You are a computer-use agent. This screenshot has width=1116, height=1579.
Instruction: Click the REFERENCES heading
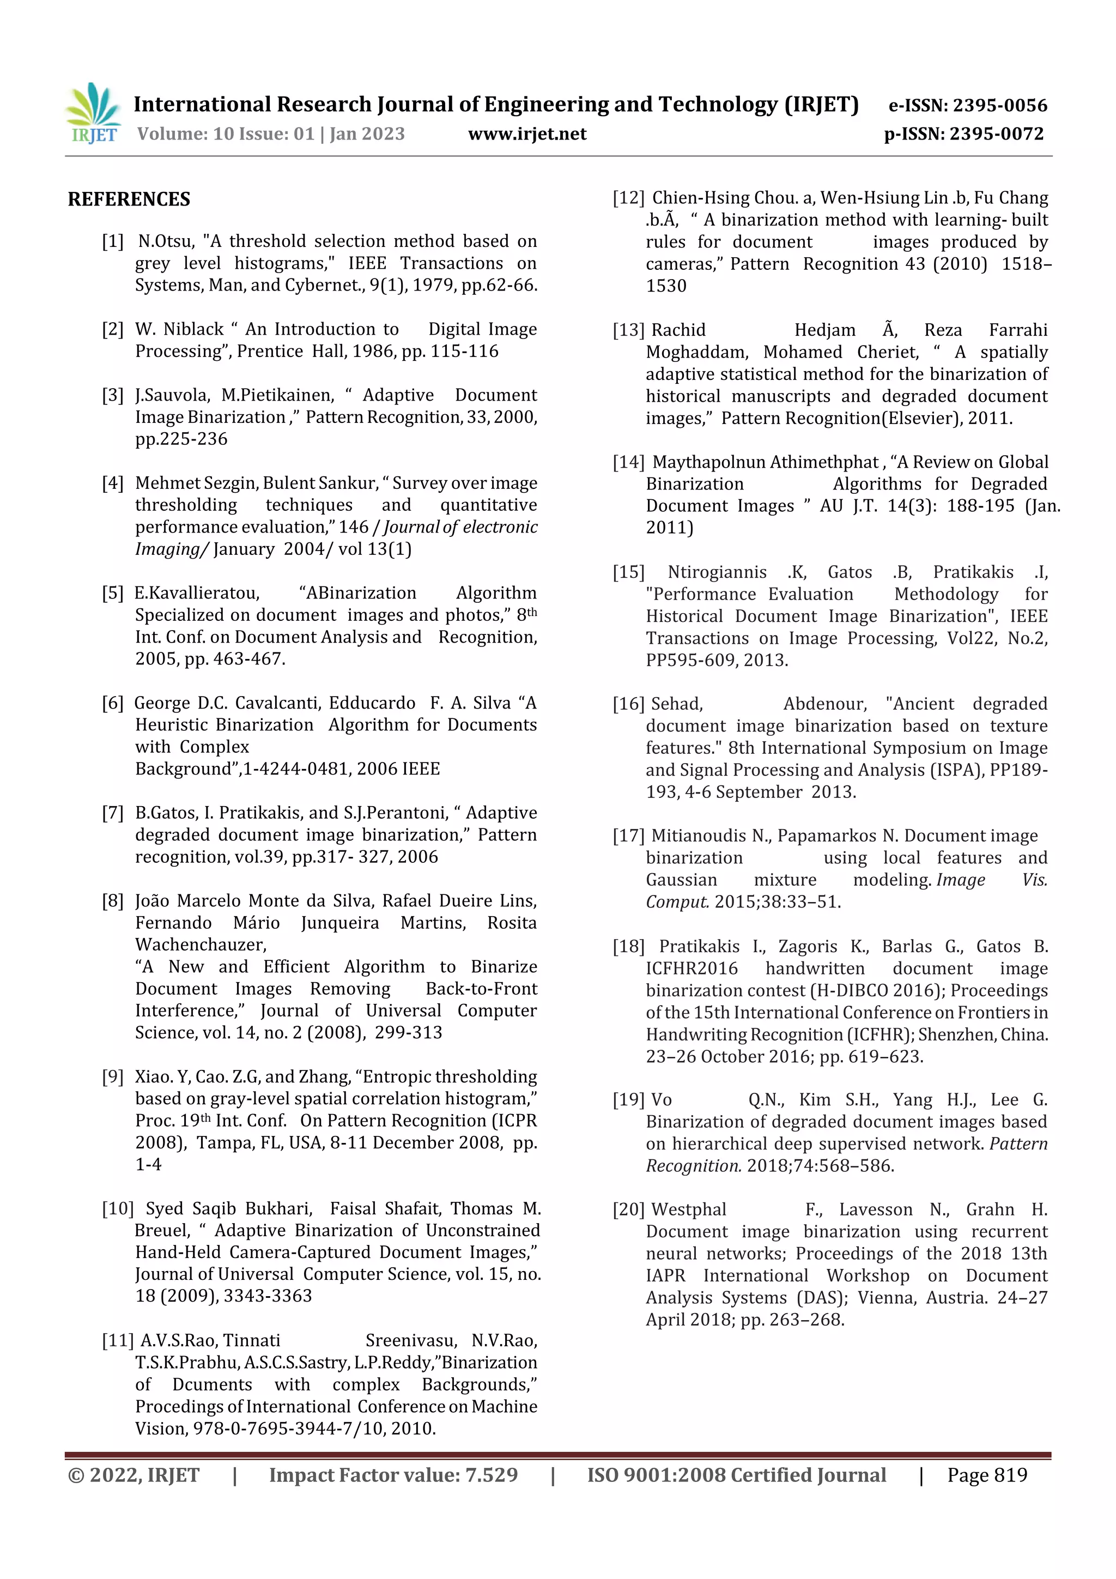tap(129, 199)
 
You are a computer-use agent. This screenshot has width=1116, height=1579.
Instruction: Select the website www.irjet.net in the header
tap(527, 134)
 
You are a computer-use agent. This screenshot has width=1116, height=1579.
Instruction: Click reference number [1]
tap(113, 241)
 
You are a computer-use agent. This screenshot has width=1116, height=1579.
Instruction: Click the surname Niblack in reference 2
tap(194, 329)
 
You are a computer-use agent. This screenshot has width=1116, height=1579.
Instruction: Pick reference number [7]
tap(113, 813)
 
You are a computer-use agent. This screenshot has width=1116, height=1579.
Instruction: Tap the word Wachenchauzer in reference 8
tap(200, 945)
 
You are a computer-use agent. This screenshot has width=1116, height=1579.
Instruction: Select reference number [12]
tap(628, 198)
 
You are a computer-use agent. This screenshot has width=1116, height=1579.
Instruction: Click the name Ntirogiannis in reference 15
tap(717, 572)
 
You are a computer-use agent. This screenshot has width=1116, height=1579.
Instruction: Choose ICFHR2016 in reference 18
tap(691, 969)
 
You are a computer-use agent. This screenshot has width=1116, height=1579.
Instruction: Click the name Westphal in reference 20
tap(688, 1209)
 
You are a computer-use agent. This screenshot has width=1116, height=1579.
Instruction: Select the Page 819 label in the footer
tap(987, 1475)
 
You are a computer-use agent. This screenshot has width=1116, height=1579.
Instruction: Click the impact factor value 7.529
tap(491, 1475)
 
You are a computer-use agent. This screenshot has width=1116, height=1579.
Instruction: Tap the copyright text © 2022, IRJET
tap(134, 1475)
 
